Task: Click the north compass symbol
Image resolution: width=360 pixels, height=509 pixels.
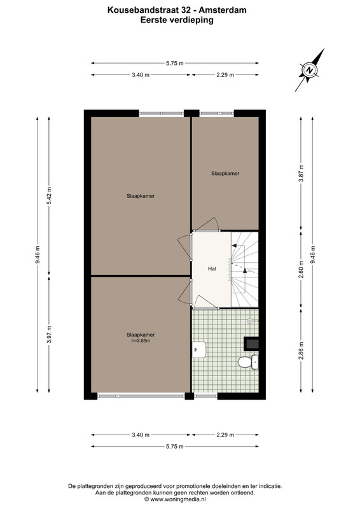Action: click(310, 70)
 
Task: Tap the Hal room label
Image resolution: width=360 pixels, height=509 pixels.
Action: click(212, 268)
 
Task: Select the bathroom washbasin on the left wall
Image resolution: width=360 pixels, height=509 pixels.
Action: click(198, 349)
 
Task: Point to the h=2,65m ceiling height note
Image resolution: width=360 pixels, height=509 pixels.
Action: click(141, 341)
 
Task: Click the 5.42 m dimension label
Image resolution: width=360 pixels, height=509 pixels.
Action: click(49, 196)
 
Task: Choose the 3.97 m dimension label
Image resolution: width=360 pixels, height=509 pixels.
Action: click(49, 335)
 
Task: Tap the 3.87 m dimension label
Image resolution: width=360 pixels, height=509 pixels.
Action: click(301, 173)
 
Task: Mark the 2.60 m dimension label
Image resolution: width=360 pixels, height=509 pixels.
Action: click(301, 269)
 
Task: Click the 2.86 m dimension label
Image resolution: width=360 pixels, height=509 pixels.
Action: click(301, 351)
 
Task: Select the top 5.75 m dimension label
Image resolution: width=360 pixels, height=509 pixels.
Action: click(175, 63)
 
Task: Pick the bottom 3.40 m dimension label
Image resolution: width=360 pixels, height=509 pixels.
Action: click(141, 435)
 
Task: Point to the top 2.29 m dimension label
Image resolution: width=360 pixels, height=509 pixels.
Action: click(225, 74)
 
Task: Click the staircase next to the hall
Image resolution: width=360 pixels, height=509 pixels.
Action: click(245, 269)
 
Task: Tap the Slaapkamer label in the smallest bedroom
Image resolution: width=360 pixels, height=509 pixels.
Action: click(225, 173)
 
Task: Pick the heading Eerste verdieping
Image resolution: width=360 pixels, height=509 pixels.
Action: click(177, 20)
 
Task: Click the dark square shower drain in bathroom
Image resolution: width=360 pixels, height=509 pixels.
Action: click(251, 344)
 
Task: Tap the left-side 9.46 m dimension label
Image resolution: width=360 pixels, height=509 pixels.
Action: click(38, 255)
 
